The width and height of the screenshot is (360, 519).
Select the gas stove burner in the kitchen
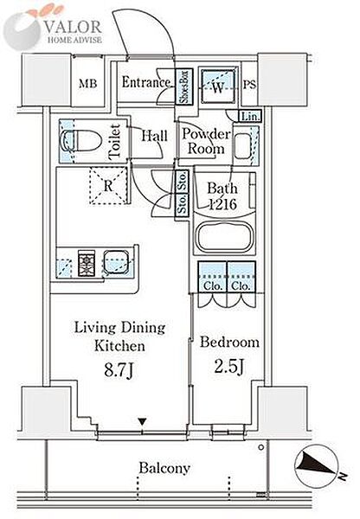(87, 264)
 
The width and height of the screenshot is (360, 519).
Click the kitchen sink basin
(116, 262)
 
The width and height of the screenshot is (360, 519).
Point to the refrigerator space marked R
(108, 186)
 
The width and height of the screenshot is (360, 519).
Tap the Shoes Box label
(183, 86)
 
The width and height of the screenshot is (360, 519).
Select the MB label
(87, 83)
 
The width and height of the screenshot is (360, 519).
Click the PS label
(250, 85)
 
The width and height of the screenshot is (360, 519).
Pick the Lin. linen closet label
(250, 117)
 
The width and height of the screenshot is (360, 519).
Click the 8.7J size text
(119, 369)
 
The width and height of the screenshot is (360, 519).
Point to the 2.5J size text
(229, 366)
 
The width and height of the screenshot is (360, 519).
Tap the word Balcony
(164, 468)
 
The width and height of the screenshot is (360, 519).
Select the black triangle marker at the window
(142, 422)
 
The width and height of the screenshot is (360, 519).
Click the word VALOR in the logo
(73, 27)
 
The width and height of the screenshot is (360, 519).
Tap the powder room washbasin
(242, 146)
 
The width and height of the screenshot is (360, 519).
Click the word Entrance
(146, 82)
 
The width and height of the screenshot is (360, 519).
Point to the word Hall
(154, 136)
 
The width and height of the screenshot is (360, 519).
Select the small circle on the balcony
(261, 447)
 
